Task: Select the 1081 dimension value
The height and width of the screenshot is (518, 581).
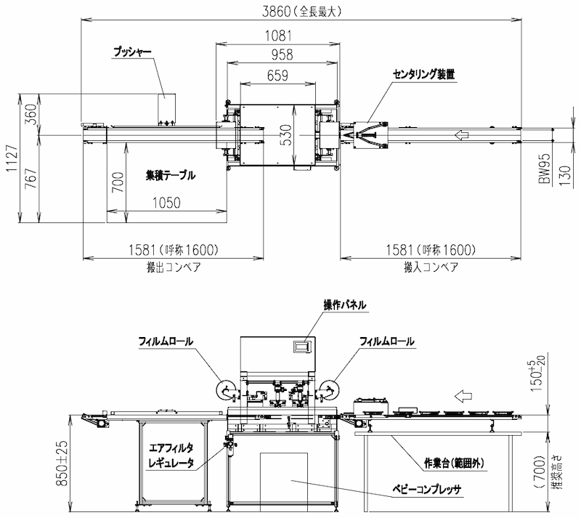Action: point(278,36)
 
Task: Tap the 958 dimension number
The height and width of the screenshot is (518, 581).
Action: point(282,55)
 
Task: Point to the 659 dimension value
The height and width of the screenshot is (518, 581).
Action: point(277,76)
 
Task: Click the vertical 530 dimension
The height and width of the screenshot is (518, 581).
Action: point(285,135)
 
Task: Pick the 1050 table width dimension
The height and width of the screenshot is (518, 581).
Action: point(166,203)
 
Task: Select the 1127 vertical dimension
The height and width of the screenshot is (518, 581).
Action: point(12,158)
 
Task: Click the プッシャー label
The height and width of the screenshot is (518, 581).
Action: point(132,52)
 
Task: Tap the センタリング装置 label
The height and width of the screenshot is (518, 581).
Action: point(423,75)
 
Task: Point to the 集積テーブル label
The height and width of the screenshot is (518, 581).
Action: point(171,175)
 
